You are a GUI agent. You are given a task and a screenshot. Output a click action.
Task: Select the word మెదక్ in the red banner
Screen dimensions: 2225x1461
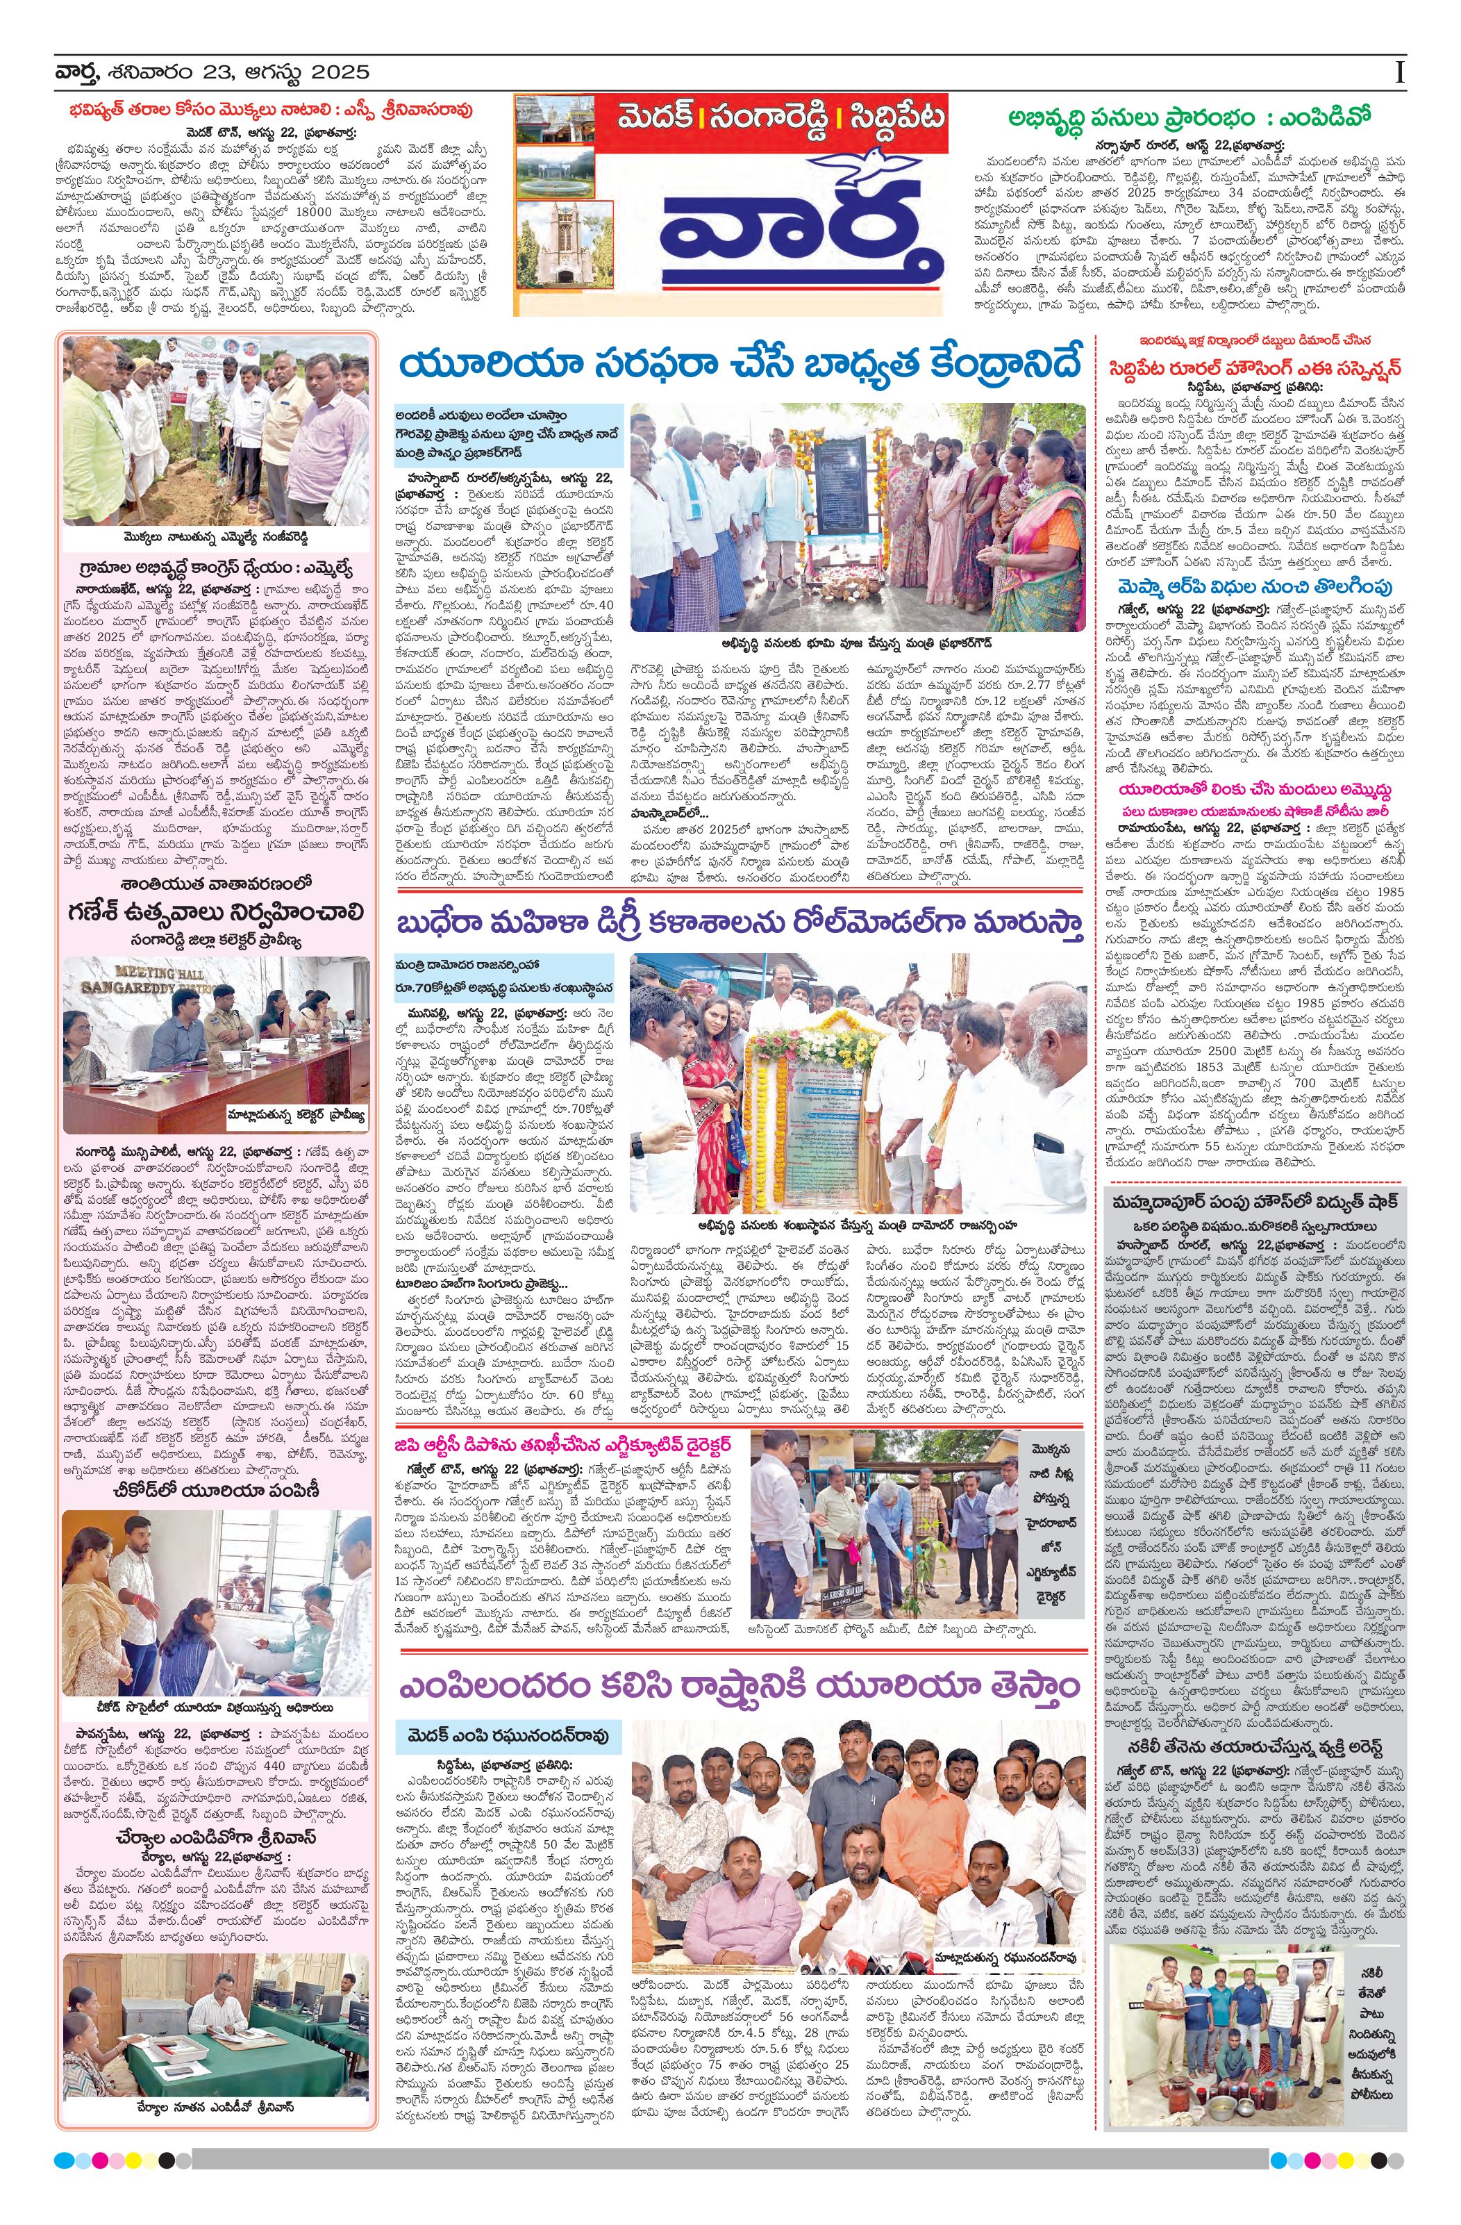646,119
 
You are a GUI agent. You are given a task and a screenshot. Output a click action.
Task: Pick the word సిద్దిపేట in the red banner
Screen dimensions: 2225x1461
893,119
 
